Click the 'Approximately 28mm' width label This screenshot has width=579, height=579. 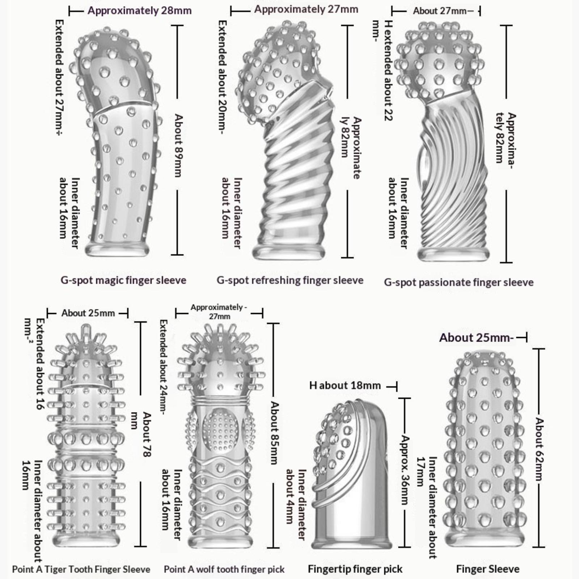point(139,10)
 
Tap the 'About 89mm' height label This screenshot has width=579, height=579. point(178,145)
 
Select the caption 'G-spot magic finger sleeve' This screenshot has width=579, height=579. point(123,280)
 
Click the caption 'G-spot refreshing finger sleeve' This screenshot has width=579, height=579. point(290,280)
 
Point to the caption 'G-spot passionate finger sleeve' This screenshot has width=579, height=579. point(458,282)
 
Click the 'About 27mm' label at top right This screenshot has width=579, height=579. point(440,11)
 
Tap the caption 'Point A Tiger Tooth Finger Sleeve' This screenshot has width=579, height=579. point(81,569)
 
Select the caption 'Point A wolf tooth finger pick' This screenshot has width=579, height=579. point(224,569)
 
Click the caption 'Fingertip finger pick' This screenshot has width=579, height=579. point(355,569)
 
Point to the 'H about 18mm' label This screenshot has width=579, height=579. point(345,385)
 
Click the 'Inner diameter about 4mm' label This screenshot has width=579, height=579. point(296,505)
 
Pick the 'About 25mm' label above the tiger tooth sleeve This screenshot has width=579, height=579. point(88,313)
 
